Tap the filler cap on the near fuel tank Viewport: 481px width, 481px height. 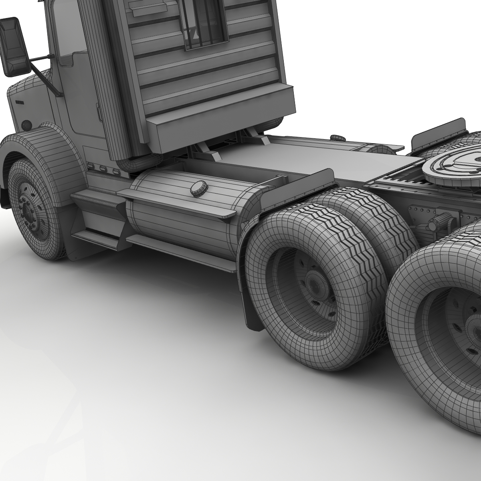coord(199,188)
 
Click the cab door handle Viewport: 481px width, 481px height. coord(99,112)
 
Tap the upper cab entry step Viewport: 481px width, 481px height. coord(94,199)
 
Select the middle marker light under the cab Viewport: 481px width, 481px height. coord(103,169)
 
